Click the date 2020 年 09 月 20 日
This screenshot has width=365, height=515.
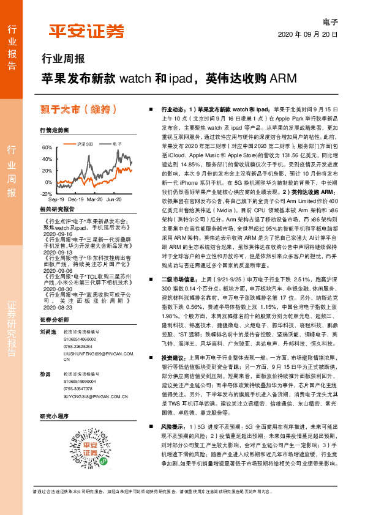coord(308,35)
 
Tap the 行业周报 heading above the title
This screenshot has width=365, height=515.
coord(62,59)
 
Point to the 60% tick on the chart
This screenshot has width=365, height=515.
coord(47,147)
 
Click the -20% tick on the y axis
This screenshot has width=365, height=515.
coord(46,193)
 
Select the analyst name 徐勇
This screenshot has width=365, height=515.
coord(45,374)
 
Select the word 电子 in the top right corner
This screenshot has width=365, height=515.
coord(331,22)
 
